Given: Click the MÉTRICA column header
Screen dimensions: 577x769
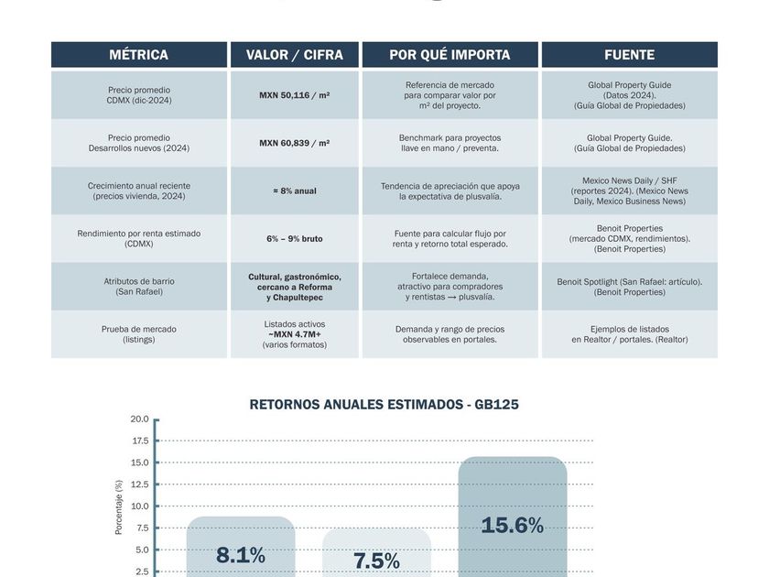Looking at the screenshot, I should pos(138,55).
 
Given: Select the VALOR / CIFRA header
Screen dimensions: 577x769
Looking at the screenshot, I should pos(295,55).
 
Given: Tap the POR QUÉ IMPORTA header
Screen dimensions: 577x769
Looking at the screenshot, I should pos(449,55).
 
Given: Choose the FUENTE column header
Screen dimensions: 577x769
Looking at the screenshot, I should pos(629,55).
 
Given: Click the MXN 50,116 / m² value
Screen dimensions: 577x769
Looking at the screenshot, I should pos(295,95).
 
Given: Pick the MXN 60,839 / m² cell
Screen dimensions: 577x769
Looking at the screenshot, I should pos(295,143).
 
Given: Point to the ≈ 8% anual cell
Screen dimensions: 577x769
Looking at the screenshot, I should pos(295,191).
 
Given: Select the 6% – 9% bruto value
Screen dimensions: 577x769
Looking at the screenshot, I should pos(295,239).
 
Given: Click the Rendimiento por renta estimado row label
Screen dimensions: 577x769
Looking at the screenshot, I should pos(139,239).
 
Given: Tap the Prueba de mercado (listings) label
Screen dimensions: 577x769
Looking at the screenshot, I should pos(139,334).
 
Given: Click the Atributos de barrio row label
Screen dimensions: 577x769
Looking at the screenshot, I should pos(139,287).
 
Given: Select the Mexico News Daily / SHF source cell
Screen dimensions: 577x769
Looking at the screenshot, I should pos(629,191).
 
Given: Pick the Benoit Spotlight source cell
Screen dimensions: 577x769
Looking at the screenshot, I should pos(629,287).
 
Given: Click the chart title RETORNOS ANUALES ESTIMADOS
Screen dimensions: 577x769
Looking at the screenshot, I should pos(384,404).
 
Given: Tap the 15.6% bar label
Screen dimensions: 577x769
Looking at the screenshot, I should pos(512,526).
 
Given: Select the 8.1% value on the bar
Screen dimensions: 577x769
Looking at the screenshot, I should pos(241,555).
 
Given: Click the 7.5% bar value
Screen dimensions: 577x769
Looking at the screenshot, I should pos(376,561).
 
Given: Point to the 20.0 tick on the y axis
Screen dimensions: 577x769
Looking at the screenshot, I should pos(139,419).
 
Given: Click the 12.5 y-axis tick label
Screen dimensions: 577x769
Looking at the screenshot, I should pos(139,484).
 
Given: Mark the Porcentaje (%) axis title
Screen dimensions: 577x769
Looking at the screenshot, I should pos(118,506).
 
